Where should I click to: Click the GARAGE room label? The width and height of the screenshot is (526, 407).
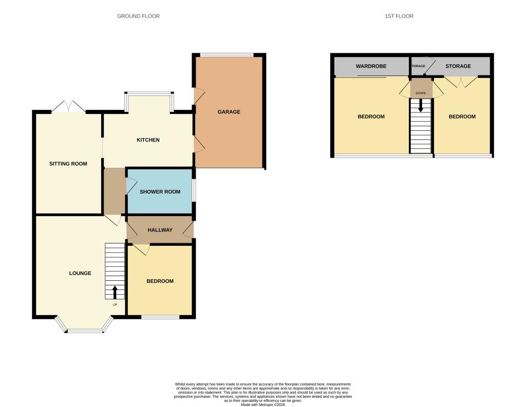[x=229, y=112]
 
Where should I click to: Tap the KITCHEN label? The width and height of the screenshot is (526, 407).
[x=148, y=140]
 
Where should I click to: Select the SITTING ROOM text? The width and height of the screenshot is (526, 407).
[x=68, y=164]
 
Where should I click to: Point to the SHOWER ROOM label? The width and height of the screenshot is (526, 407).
[x=160, y=192]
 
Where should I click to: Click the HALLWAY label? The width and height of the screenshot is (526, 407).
[x=160, y=230]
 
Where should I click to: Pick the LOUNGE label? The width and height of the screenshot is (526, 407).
[x=80, y=273]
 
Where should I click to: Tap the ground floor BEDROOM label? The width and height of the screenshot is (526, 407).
[x=160, y=281]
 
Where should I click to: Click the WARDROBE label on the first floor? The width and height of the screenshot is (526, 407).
[x=371, y=66]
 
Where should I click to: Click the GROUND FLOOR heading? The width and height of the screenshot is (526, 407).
[x=138, y=16]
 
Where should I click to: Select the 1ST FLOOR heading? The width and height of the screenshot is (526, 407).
[x=399, y=16]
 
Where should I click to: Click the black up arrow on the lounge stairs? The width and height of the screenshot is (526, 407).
[x=115, y=293]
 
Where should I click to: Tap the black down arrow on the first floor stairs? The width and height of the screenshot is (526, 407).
[x=421, y=106]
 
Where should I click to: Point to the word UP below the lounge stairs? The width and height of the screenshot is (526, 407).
[x=115, y=305]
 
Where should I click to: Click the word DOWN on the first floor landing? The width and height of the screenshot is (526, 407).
[x=421, y=93]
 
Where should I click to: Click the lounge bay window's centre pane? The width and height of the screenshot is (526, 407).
[x=85, y=331]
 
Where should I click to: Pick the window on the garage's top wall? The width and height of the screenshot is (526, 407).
[x=227, y=55]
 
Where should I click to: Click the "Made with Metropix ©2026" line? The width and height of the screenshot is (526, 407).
[x=263, y=404]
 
